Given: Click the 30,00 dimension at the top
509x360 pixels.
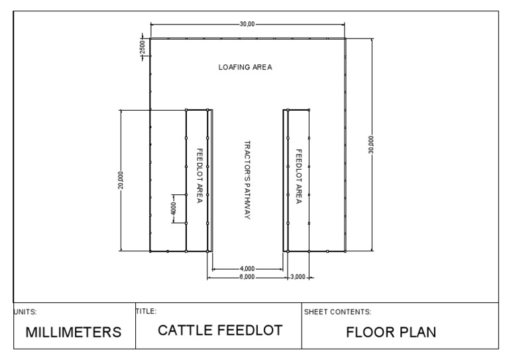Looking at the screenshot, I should click(x=247, y=24).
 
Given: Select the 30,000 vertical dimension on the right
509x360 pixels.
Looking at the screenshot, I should click(x=371, y=145).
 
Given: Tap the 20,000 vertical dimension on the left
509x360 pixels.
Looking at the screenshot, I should click(x=120, y=180).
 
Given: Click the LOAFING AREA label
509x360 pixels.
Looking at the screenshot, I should click(x=245, y=67).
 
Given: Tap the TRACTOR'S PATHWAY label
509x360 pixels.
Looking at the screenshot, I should click(x=247, y=180).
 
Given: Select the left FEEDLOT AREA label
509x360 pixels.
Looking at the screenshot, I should click(x=199, y=176).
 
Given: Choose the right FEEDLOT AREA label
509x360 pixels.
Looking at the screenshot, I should click(x=299, y=176).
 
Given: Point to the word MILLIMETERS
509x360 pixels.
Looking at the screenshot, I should click(x=74, y=333).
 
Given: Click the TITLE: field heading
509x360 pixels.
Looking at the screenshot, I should click(x=146, y=310).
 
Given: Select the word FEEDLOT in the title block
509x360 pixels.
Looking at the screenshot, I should click(x=251, y=330).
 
